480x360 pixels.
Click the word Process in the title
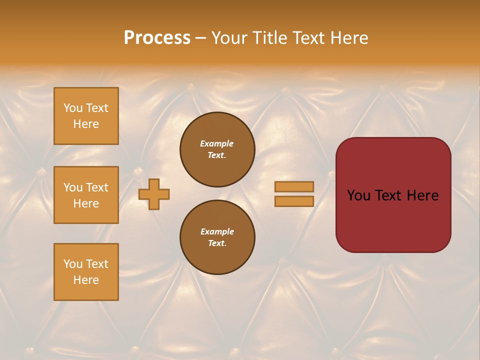point(157,38)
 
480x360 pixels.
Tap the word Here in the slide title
point(349,38)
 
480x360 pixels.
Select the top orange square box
point(86,116)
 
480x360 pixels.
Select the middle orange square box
point(86,195)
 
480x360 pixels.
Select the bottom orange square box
point(86,272)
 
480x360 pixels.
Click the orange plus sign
point(154,194)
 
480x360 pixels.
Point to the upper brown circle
point(217,149)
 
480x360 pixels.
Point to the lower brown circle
point(217,237)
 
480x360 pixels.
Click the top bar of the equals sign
point(294,186)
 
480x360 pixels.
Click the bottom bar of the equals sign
point(294,201)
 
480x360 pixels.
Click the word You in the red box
point(359,195)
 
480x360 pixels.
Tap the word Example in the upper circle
point(216,143)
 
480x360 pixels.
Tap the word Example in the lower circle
point(217,231)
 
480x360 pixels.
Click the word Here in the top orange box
point(86,124)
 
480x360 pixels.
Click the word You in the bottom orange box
point(73,264)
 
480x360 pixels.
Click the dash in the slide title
point(200,38)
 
